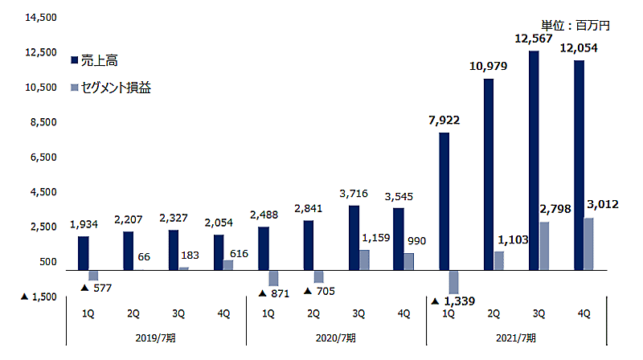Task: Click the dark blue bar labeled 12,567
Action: click(534, 161)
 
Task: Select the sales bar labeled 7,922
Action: click(444, 201)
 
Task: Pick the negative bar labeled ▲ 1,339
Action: click(453, 282)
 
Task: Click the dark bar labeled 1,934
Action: click(84, 253)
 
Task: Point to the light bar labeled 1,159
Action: click(364, 260)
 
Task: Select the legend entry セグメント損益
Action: click(117, 87)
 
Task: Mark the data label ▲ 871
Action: click(275, 293)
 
